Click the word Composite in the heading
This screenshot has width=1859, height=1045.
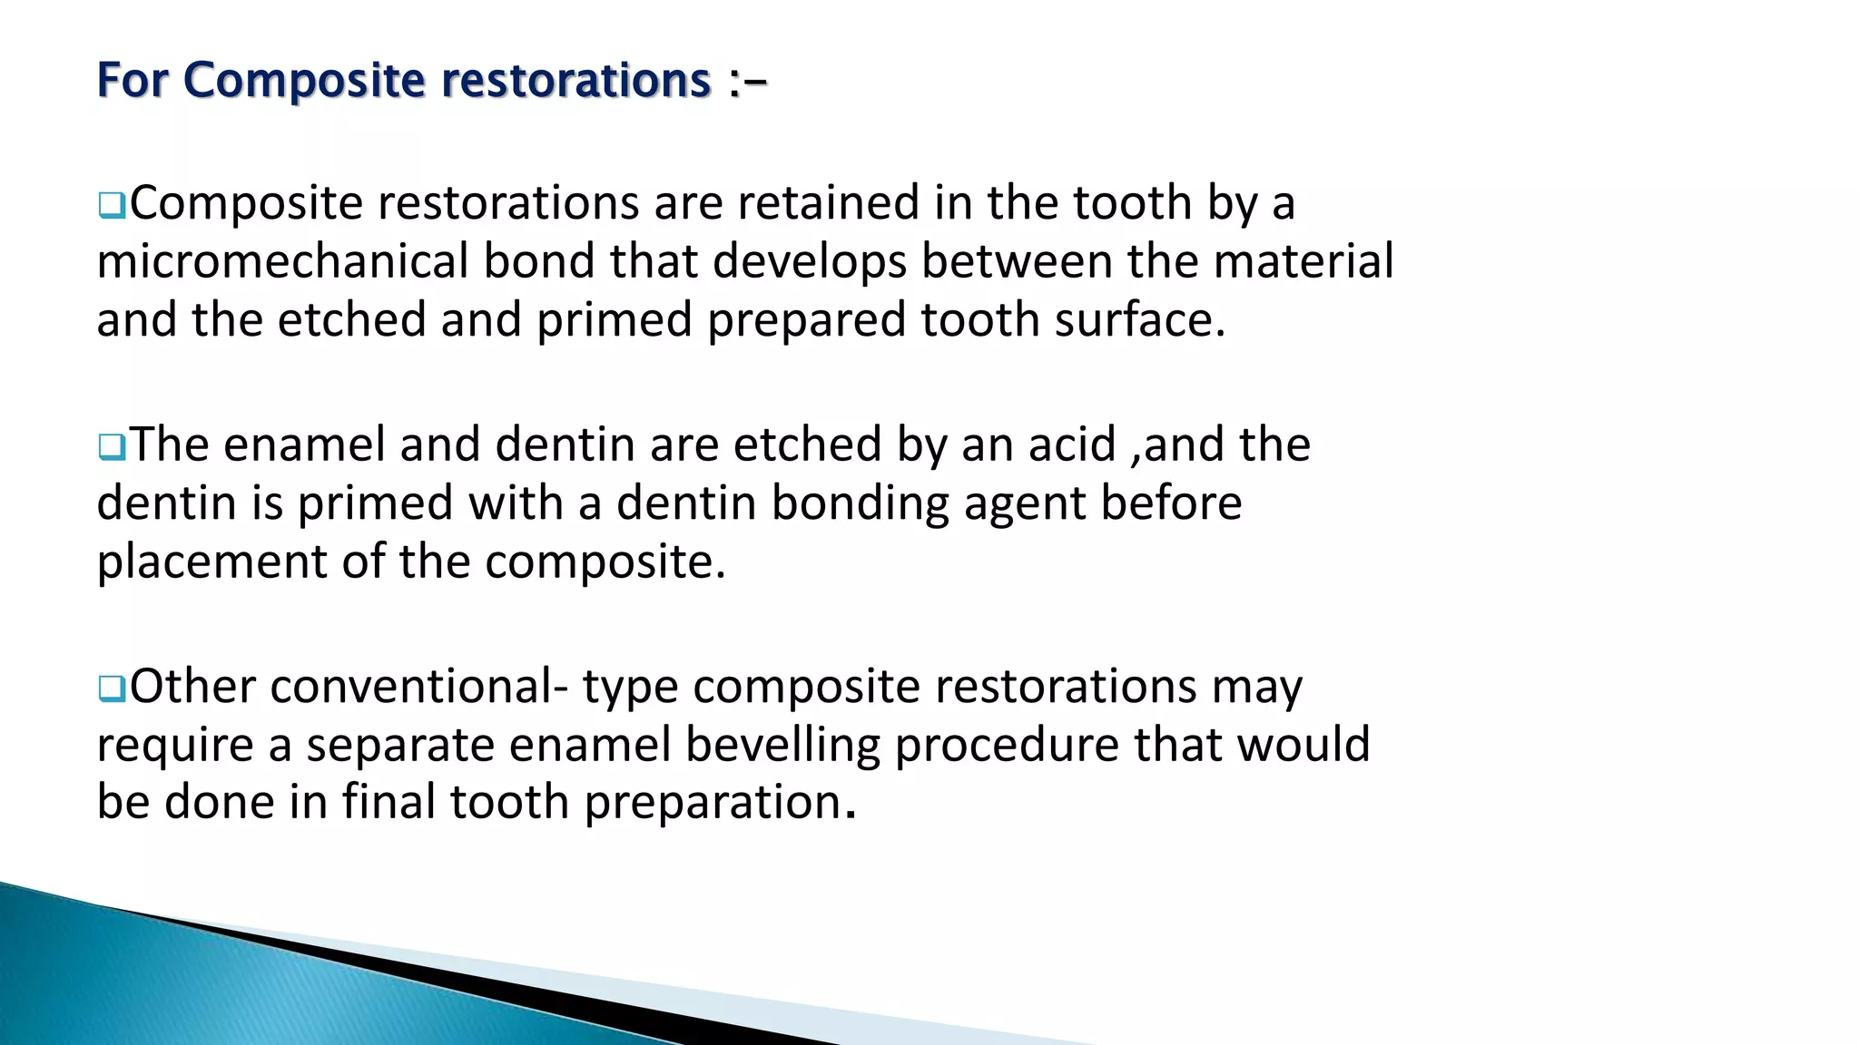pyautogui.click(x=304, y=81)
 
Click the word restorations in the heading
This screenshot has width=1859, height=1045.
pyautogui.click(x=576, y=81)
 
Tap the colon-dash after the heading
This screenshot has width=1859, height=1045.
pyautogui.click(x=747, y=83)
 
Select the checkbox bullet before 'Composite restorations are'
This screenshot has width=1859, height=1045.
pyautogui.click(x=112, y=205)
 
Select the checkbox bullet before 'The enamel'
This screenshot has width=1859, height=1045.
pyautogui.click(x=112, y=446)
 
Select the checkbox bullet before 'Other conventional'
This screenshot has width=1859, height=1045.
pyautogui.click(x=112, y=689)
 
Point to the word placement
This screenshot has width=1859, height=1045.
pyautogui.click(x=211, y=562)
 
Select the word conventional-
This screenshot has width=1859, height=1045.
pyautogui.click(x=418, y=687)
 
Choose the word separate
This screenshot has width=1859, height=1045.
pyautogui.click(x=399, y=746)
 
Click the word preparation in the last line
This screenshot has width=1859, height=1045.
pyautogui.click(x=713, y=804)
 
